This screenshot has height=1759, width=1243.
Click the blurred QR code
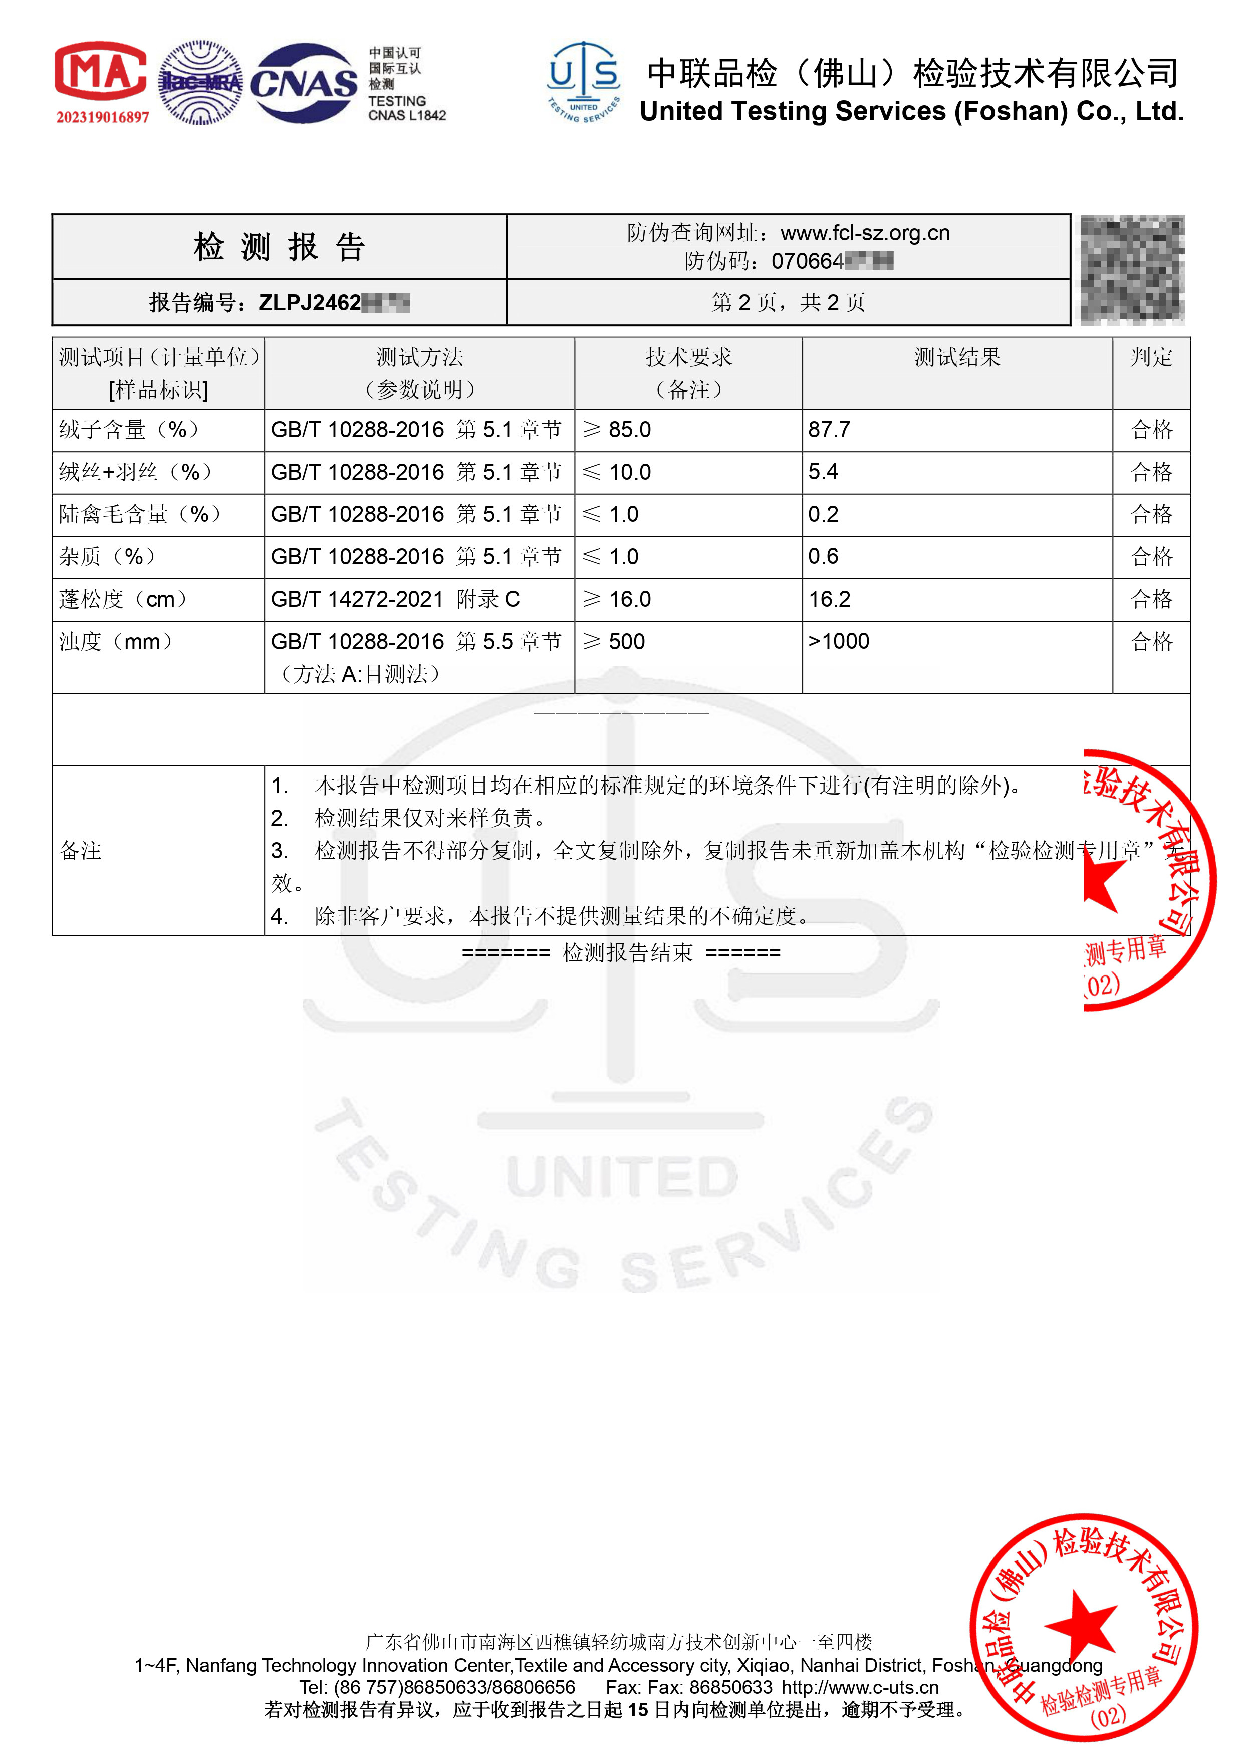point(1132,270)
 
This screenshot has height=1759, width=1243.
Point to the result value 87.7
point(829,430)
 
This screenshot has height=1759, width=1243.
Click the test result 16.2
point(830,599)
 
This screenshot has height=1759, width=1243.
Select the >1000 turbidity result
point(839,641)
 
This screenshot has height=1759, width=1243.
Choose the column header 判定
point(1151,358)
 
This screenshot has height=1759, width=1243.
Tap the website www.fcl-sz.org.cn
point(865,233)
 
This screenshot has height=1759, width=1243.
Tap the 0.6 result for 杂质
point(823,557)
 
